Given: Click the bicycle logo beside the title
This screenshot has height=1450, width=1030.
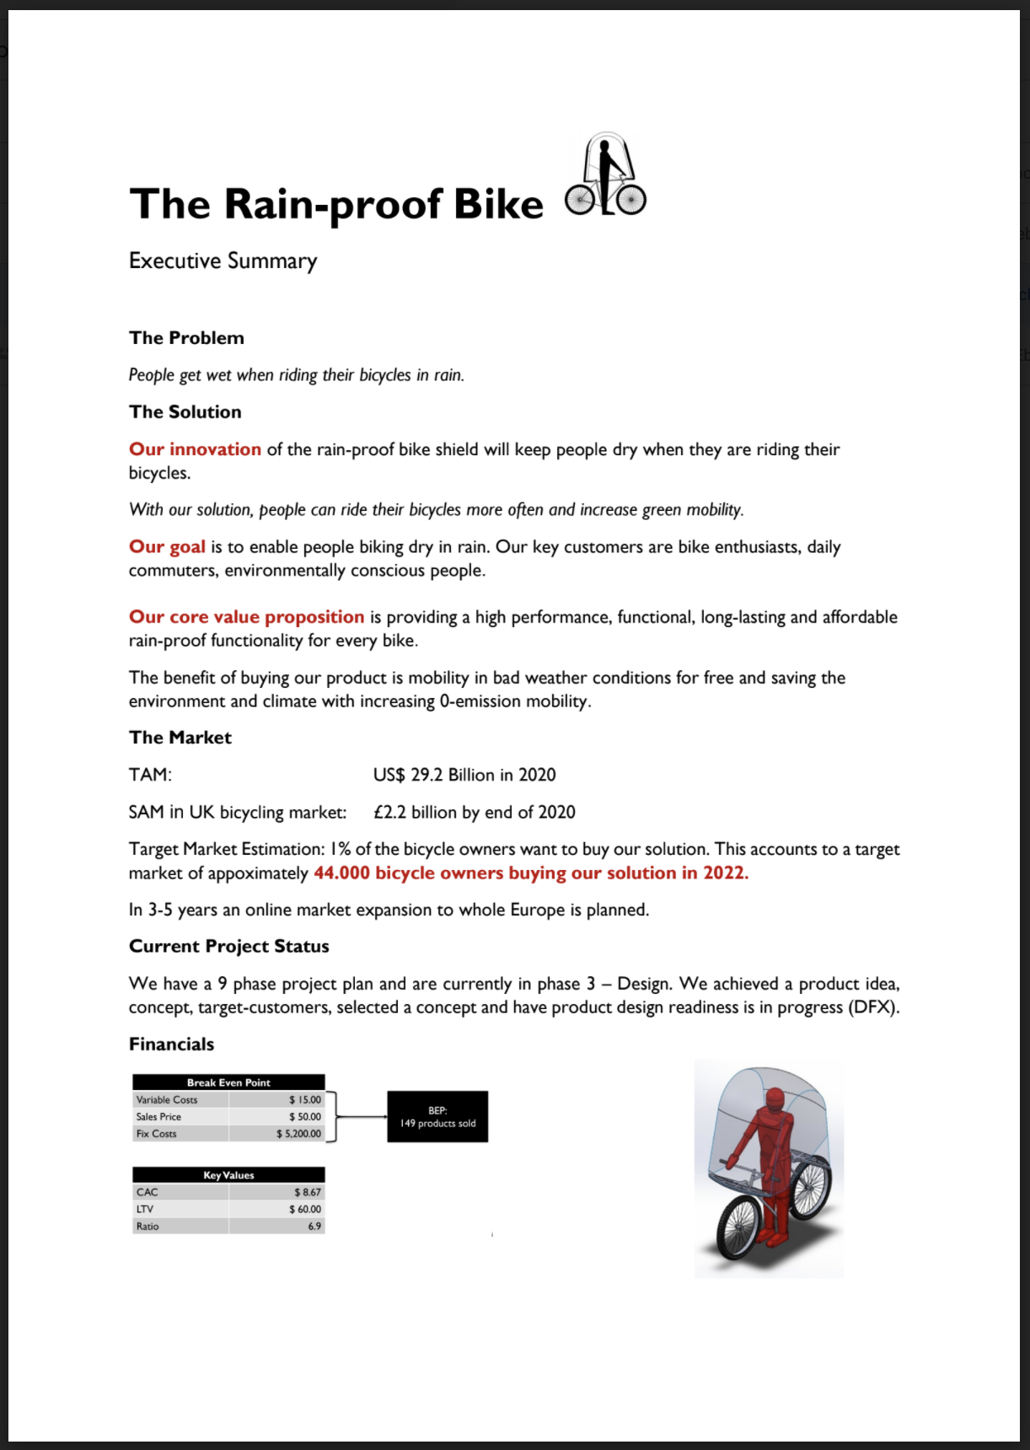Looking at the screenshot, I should [x=605, y=175].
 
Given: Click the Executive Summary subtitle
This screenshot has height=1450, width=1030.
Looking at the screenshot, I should [x=223, y=261].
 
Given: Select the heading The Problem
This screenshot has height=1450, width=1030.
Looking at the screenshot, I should [x=186, y=338].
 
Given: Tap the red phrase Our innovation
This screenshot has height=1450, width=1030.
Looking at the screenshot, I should [x=195, y=449].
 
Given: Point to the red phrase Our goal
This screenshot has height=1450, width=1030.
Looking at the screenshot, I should [x=167, y=547].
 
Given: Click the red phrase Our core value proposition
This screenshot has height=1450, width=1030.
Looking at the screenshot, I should [x=246, y=617].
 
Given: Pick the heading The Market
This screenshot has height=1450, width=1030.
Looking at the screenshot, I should [x=180, y=738].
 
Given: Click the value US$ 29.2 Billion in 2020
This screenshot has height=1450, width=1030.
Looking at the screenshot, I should [x=464, y=775].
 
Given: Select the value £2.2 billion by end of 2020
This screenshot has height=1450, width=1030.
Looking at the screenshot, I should [x=474, y=812].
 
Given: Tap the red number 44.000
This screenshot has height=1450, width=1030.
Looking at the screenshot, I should [x=341, y=873].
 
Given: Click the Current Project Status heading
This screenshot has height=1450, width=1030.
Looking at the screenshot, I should [x=228, y=947].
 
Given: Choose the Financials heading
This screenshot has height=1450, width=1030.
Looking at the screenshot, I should [x=171, y=1045].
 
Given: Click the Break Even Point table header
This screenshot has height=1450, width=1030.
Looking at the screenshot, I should [x=228, y=1082].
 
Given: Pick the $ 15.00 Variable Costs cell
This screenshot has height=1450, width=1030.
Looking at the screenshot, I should [x=304, y=1100].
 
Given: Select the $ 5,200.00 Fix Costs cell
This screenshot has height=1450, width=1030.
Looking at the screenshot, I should [x=298, y=1134].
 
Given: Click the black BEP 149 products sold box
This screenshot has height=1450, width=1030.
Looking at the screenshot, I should [x=437, y=1117].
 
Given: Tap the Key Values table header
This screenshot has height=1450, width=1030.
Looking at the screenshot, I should [x=228, y=1175].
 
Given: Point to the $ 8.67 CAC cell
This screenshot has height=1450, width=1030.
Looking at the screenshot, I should [x=307, y=1192].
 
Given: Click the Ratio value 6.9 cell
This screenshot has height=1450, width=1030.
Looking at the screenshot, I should [x=314, y=1227].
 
